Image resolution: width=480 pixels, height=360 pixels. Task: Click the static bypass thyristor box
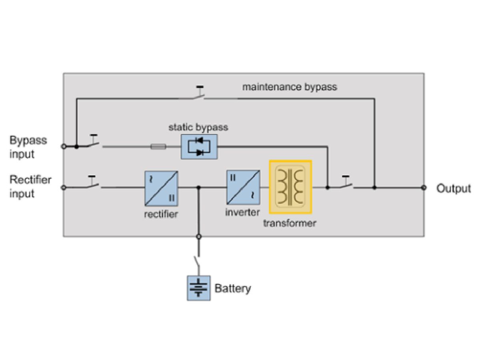point(199,147)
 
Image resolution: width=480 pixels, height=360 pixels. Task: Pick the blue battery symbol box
point(199,288)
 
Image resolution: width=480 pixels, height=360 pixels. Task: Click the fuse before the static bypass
point(158,147)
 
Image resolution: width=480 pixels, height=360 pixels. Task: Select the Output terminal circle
point(424,187)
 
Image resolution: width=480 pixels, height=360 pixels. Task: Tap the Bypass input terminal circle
point(63,147)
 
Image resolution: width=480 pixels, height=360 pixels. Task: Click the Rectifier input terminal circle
point(63,187)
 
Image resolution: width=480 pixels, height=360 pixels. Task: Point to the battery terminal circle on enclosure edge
point(199,237)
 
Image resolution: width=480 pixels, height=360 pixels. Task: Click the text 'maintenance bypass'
point(290,86)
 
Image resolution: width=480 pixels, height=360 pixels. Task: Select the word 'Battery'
point(233,288)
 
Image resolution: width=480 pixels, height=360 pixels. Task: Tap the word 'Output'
point(454,188)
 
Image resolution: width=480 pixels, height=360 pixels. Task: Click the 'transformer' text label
point(290,223)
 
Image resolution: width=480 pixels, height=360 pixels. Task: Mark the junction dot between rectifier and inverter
point(199,187)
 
